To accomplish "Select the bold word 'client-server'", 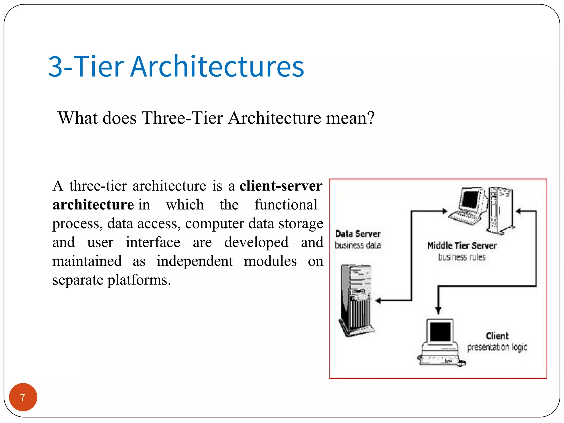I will [x=281, y=186].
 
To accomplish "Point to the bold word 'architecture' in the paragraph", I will [x=93, y=205].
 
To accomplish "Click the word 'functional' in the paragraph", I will [x=286, y=205].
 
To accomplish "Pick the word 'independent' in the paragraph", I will [x=195, y=261].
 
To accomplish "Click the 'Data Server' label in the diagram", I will [x=358, y=234].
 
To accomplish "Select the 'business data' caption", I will [x=358, y=245].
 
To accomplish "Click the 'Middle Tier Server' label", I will [x=462, y=245].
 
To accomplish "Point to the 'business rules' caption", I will [x=462, y=257].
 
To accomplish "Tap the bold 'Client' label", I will [x=497, y=336].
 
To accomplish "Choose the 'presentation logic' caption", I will [x=497, y=347].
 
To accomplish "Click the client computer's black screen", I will [x=440, y=332].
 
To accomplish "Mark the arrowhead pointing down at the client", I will [x=438, y=310].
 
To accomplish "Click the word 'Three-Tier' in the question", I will [x=182, y=118].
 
